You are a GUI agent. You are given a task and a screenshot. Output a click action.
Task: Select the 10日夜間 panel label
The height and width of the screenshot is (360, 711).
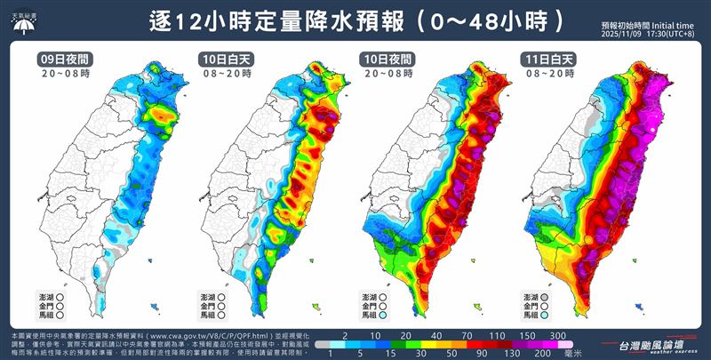pos(384,60)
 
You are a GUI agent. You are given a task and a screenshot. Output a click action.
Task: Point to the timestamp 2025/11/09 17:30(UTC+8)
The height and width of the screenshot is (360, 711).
pos(648,35)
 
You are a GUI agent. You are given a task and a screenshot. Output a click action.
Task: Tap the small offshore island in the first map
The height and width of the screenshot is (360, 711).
pos(156,307)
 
